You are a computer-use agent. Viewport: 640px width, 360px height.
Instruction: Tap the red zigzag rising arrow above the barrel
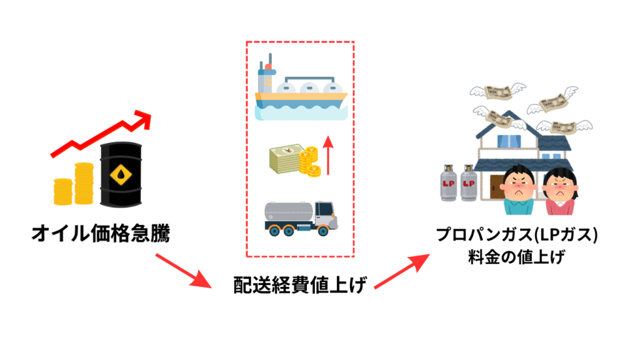coord(100,134)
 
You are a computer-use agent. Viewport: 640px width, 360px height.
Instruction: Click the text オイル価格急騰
coord(101,234)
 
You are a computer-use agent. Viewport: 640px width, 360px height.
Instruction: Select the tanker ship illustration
coord(301,94)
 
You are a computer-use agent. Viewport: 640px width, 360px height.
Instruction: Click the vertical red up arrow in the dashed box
coord(328,156)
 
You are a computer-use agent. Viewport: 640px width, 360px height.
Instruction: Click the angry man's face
coord(518,184)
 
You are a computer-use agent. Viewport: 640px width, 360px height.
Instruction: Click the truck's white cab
coord(324,214)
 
